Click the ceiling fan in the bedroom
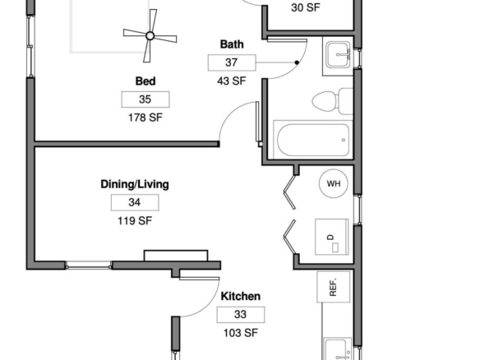[150, 36]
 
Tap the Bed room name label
[145, 81]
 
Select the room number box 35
[145, 99]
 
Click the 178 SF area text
[145, 118]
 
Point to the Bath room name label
[232, 44]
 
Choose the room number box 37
[232, 62]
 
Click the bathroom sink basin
[338, 55]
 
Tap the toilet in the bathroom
[332, 101]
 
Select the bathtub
[313, 140]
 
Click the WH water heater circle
[334, 183]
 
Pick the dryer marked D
[332, 237]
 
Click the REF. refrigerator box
[334, 287]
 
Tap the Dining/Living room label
[135, 184]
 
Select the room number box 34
[135, 202]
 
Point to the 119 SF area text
[135, 221]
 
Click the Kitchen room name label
[241, 297]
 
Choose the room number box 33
[241, 315]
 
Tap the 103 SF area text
[241, 333]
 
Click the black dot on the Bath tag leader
[297, 62]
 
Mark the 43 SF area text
[232, 81]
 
